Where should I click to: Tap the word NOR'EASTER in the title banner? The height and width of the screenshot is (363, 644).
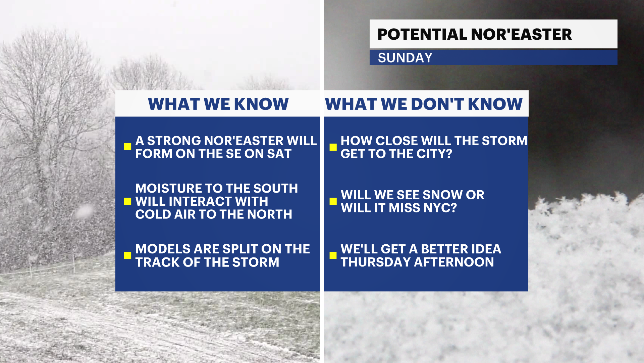coord(522,34)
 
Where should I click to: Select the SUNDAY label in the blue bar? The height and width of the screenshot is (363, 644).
coord(405,58)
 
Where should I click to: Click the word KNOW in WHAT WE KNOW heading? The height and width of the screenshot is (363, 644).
coord(261,104)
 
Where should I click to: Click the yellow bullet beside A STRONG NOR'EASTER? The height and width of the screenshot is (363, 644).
coord(127,147)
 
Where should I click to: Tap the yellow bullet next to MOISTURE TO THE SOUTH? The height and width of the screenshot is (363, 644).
coord(127,201)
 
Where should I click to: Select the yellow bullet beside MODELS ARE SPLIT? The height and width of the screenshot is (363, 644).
coord(127,255)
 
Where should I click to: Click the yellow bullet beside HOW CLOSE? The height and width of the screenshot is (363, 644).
coord(333,147)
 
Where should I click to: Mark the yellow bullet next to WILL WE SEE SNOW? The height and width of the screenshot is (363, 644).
coord(333,201)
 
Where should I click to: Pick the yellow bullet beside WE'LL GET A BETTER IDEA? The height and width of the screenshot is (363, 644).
coord(333,255)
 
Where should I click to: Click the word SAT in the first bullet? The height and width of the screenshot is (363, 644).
coord(279,154)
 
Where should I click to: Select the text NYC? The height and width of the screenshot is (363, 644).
coord(440,208)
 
